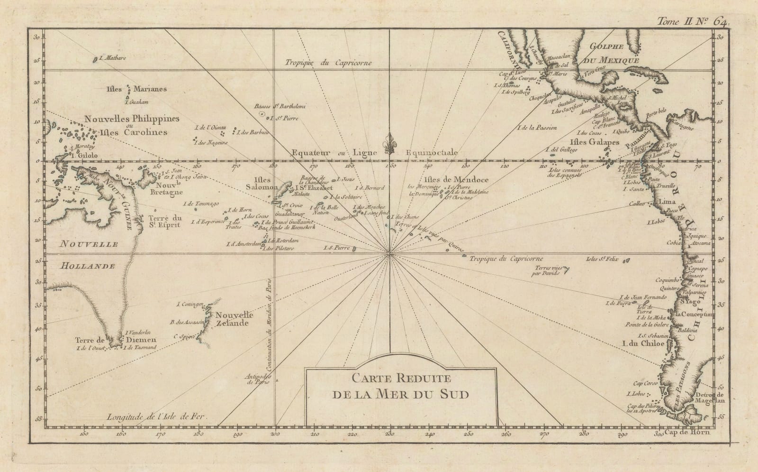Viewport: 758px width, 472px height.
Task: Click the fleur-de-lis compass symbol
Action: point(390,143)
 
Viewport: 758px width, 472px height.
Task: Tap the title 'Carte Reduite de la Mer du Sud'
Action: point(401,386)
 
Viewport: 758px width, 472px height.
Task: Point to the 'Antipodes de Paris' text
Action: point(258,379)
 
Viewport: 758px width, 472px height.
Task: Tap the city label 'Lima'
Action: point(666,203)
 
